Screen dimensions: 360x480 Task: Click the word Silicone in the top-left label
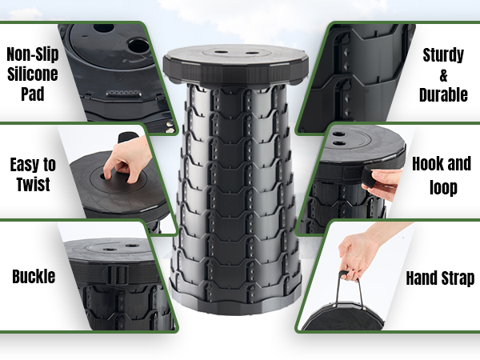click(32, 74)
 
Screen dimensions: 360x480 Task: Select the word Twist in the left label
click(33, 185)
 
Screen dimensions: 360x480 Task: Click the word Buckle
click(34, 277)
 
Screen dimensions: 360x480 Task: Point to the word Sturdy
click(443, 56)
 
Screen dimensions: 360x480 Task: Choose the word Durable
click(443, 94)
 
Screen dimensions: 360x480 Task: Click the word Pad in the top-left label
click(33, 94)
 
